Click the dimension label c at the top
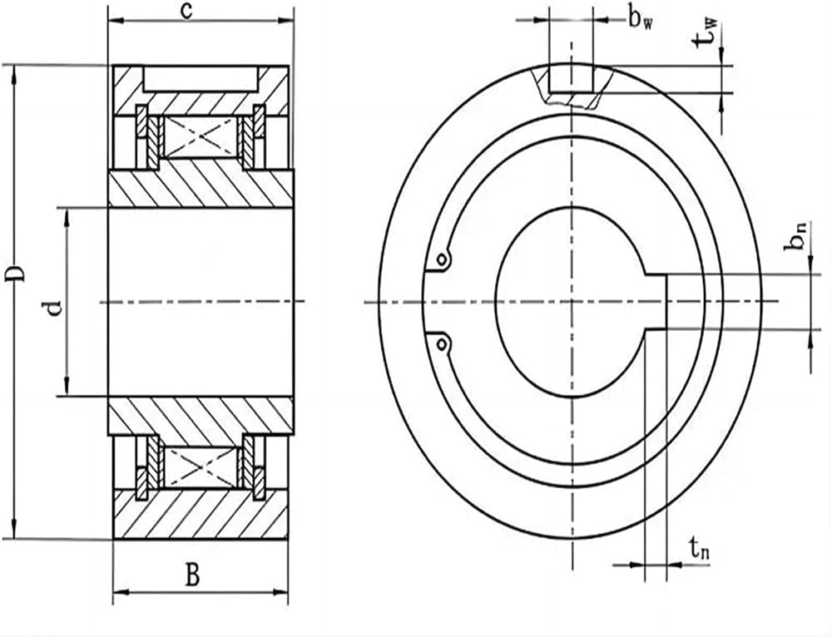186,11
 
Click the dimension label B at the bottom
192,575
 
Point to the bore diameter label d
54,308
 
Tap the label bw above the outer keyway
641,20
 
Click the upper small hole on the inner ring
442,260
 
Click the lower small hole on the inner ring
442,345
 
